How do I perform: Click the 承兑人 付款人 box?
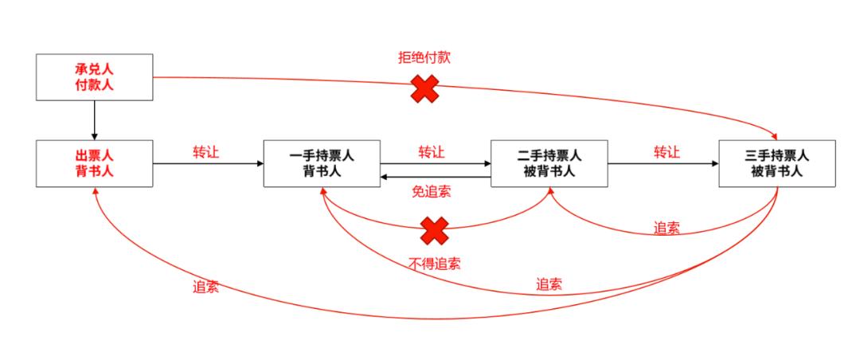(x=95, y=77)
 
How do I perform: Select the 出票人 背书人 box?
(x=95, y=163)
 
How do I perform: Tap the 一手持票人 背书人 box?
(x=322, y=163)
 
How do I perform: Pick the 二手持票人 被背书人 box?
(x=549, y=163)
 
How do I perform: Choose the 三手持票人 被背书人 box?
(x=776, y=163)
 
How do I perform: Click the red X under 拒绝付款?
(x=424, y=88)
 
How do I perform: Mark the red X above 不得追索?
(x=435, y=231)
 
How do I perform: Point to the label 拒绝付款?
(x=425, y=58)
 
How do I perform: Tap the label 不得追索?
(x=435, y=264)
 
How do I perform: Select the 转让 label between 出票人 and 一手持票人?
(x=206, y=151)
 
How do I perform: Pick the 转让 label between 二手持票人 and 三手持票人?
(x=667, y=151)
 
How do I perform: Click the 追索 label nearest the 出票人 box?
(x=205, y=288)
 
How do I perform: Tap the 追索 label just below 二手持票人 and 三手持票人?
(x=667, y=227)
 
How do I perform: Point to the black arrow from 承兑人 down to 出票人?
(x=95, y=120)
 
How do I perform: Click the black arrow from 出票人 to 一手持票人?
(x=207, y=164)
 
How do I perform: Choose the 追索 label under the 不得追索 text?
(x=549, y=283)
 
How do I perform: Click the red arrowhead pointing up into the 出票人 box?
(x=96, y=193)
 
